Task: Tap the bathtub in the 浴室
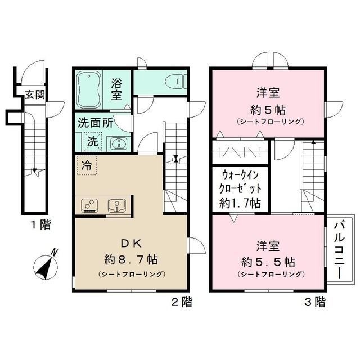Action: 89,89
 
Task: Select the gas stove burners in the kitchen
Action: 89,205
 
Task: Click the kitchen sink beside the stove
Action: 116,204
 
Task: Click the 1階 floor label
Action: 40,225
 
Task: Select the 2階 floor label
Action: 181,303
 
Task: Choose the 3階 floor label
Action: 314,303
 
